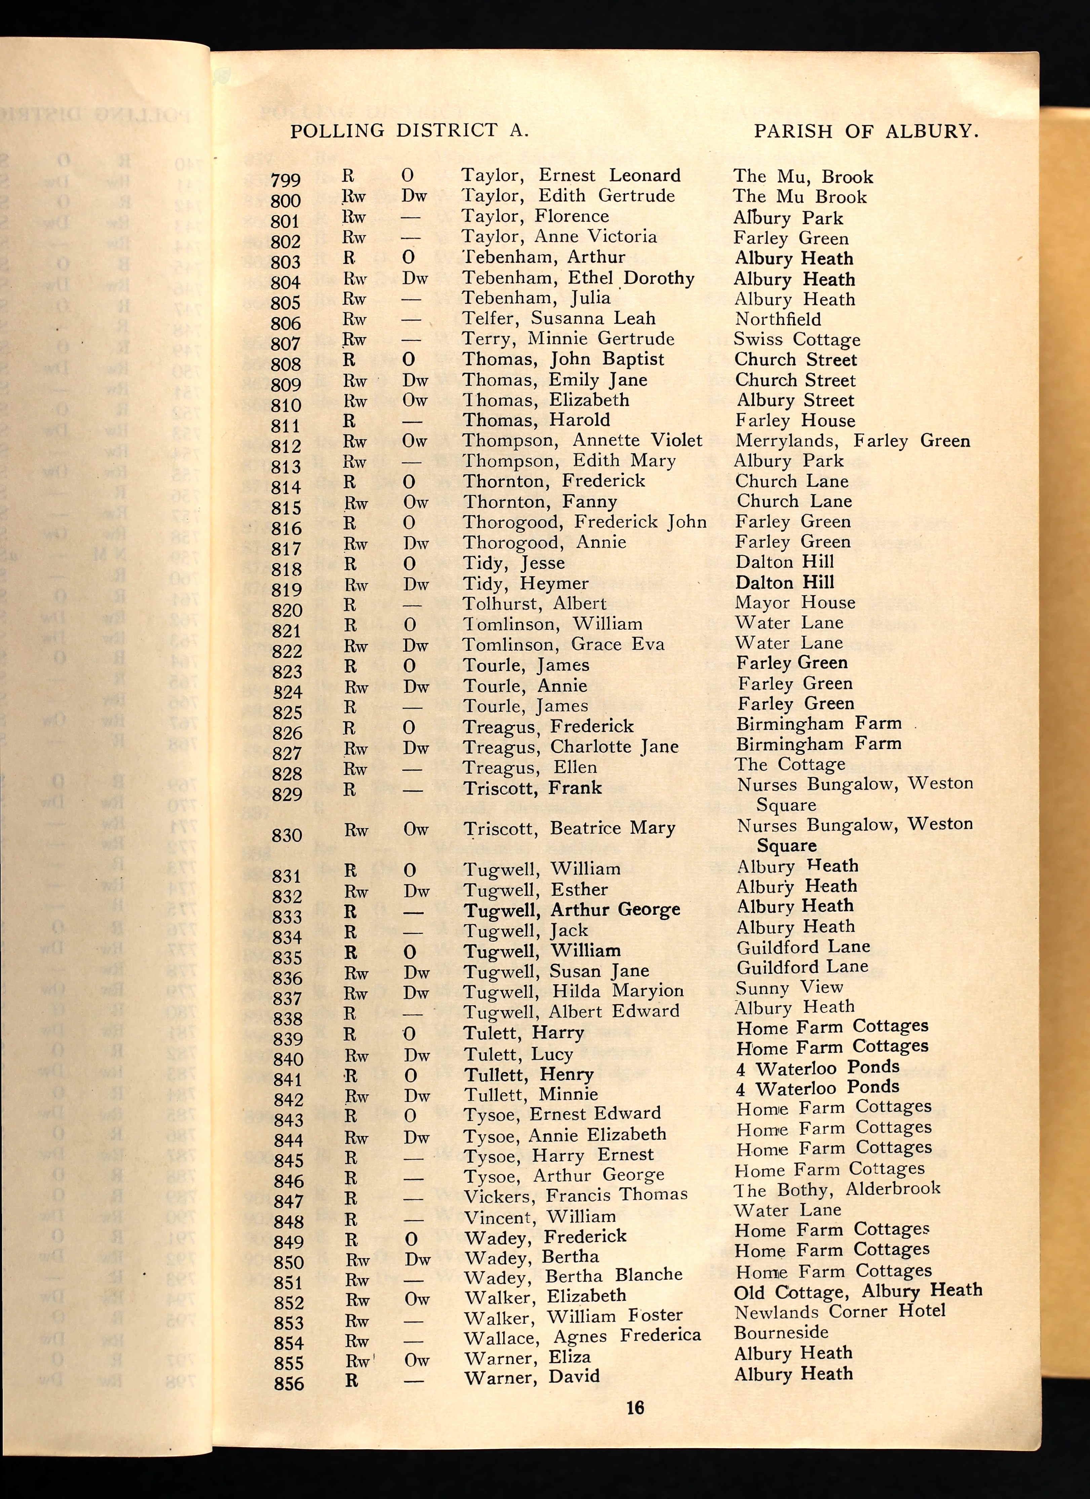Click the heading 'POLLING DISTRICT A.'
[410, 131]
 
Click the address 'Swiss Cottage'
[797, 340]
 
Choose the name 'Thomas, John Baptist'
[563, 360]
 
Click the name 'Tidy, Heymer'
[525, 584]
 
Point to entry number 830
[287, 835]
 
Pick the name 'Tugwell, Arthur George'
[572, 910]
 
